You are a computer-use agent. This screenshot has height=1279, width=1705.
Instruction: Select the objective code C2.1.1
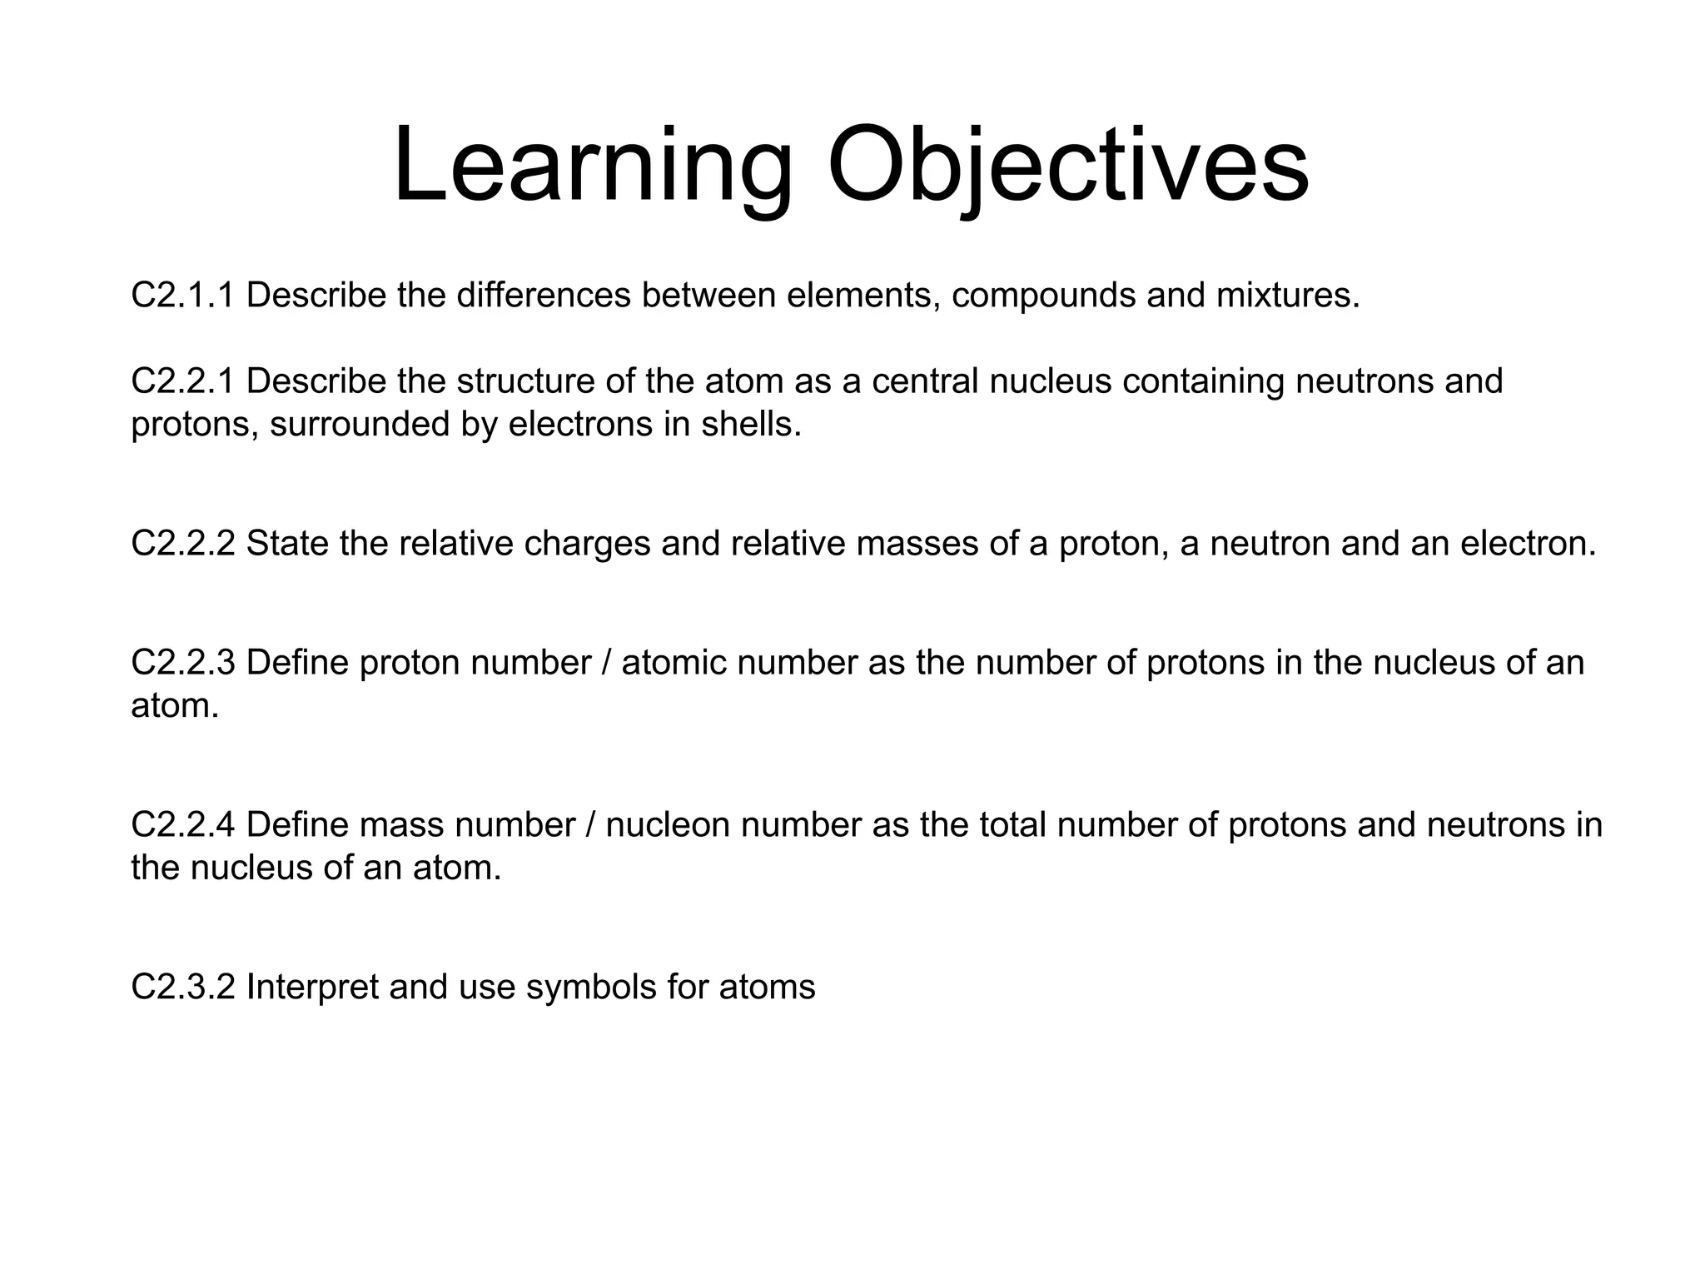(x=183, y=296)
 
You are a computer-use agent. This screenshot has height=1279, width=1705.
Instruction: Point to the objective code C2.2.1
(x=183, y=381)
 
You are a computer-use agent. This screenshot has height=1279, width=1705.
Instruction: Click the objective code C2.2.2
(x=183, y=544)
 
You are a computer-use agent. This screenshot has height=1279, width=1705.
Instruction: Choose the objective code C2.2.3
(x=183, y=663)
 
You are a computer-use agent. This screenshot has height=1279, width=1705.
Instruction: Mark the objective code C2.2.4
(x=183, y=825)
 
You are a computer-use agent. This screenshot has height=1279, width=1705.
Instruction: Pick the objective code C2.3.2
(x=183, y=988)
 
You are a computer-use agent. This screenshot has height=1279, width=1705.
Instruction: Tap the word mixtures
(x=1287, y=296)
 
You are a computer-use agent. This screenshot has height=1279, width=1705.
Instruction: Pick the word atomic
(x=674, y=663)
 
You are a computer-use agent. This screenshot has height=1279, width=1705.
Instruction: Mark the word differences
(x=544, y=296)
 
